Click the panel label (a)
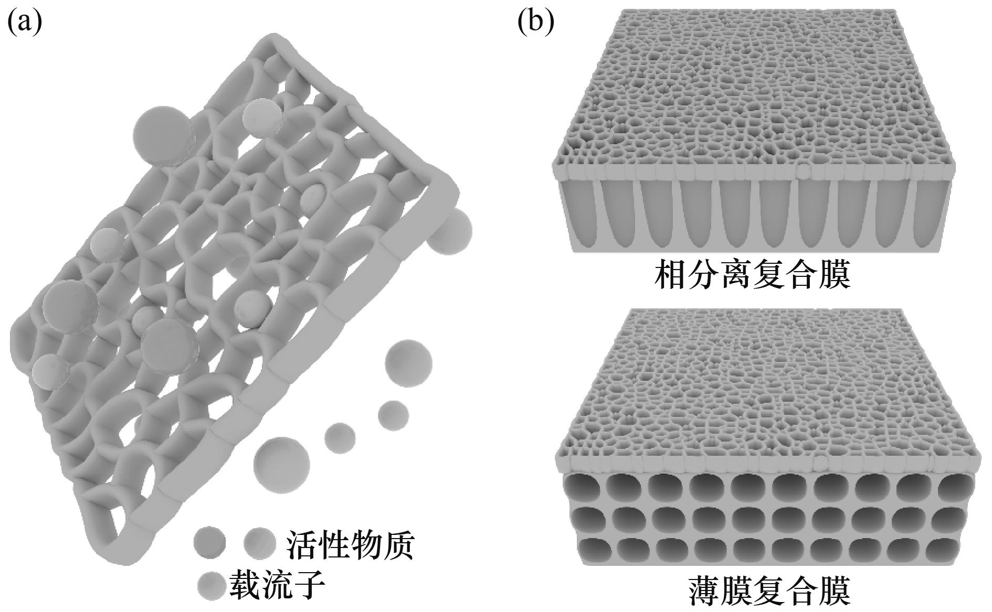tap(24, 22)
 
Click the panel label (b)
tap(535, 22)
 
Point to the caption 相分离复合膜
tap(752, 275)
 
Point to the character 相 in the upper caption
tap(670, 275)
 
